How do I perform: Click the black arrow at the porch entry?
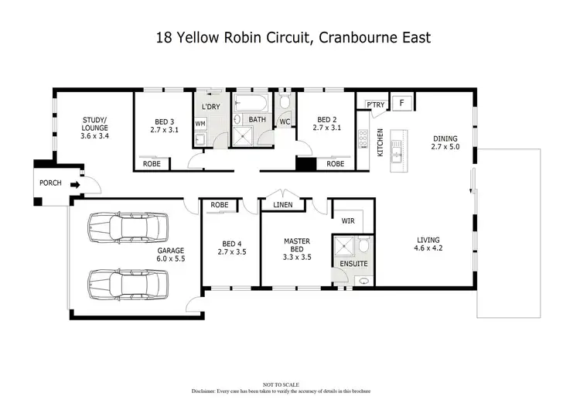point(74,185)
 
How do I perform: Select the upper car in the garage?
point(128,227)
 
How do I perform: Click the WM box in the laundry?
point(200,124)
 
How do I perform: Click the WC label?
point(284,122)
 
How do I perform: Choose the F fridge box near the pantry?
point(401,103)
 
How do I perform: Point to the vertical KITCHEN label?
point(380,143)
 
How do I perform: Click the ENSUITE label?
point(353,264)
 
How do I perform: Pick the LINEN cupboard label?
point(282,205)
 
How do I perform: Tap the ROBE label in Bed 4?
point(220,205)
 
